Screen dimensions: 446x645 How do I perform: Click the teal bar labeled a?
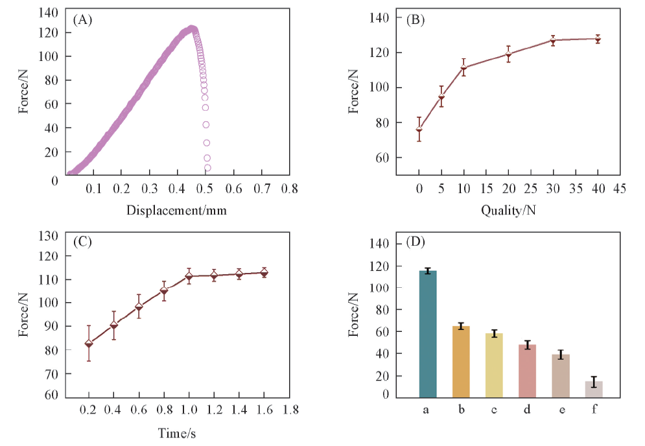pos(428,334)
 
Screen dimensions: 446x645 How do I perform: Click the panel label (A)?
pos(83,20)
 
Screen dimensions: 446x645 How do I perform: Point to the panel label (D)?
pos(415,242)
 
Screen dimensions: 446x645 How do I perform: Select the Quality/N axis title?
pos(508,210)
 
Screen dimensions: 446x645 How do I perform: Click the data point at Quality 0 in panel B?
pos(419,130)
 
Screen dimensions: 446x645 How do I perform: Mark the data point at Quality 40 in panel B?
pos(598,39)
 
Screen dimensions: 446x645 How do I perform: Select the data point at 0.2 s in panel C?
pos(89,343)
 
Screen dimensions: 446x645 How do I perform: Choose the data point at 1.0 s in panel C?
pos(189,276)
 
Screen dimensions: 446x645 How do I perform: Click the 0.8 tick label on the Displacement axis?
pos(288,189)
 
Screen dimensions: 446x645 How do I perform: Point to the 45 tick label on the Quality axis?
pos(619,189)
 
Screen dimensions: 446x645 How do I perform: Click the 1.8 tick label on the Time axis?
pos(288,410)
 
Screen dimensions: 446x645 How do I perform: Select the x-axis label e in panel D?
pos(560,410)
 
